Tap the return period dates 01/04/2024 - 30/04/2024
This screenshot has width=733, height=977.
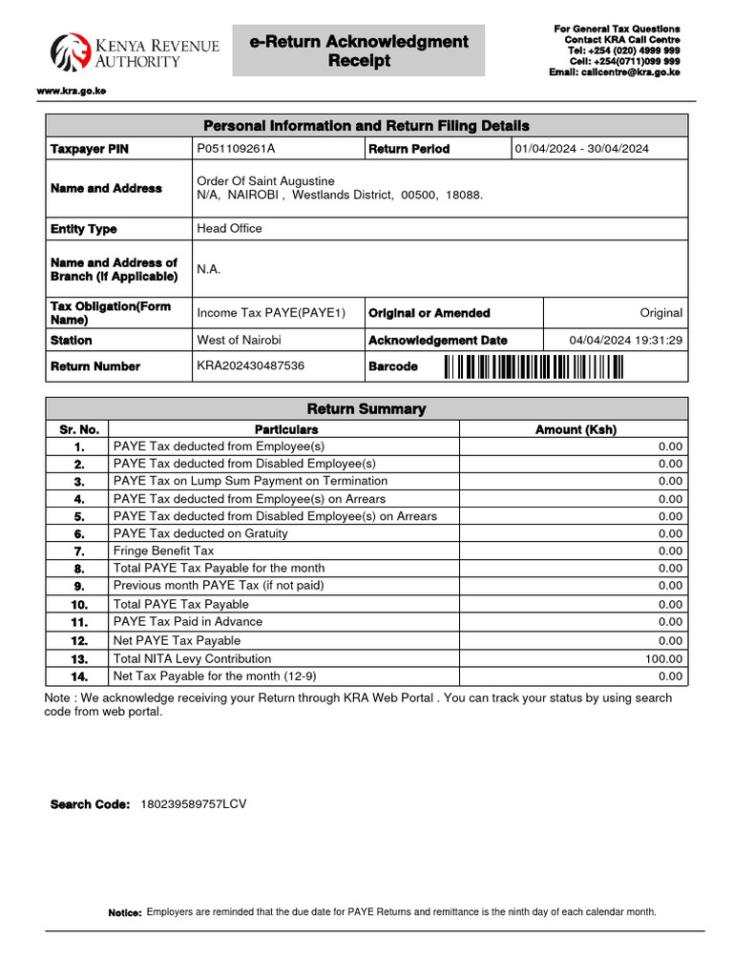[582, 149]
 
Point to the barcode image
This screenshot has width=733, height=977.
[533, 366]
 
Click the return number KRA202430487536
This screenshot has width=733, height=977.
[251, 366]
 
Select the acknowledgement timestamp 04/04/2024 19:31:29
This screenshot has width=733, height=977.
[625, 341]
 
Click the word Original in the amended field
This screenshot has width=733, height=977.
[660, 313]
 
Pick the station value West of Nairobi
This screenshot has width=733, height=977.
[239, 341]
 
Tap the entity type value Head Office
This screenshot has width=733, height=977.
[229, 229]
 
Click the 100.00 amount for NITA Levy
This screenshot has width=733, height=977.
[664, 658]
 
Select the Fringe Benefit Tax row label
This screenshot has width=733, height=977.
[163, 551]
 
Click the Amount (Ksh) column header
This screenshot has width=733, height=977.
[576, 429]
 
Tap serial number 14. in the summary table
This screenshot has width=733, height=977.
[78, 676]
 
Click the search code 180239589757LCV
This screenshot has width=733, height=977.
[193, 804]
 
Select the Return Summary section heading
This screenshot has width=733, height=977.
[366, 409]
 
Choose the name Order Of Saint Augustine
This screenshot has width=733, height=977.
[265, 181]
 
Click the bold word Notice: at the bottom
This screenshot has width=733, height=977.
[125, 913]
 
